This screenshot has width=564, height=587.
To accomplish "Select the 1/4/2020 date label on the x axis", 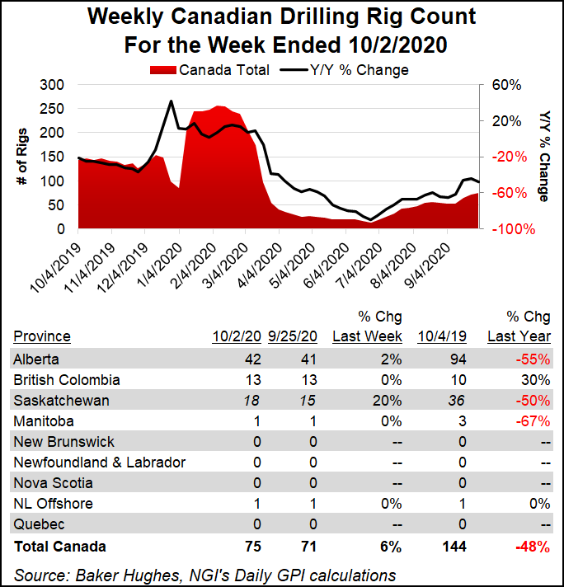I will [164, 261].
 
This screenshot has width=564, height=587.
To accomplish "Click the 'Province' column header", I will [41, 336].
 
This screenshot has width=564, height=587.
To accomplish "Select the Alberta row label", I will [37, 359].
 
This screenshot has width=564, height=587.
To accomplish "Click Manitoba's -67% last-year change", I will [534, 421].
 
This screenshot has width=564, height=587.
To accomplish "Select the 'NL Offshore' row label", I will [53, 504].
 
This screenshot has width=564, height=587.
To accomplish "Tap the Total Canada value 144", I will [453, 546].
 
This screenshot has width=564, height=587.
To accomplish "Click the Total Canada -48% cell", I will [533, 546].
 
